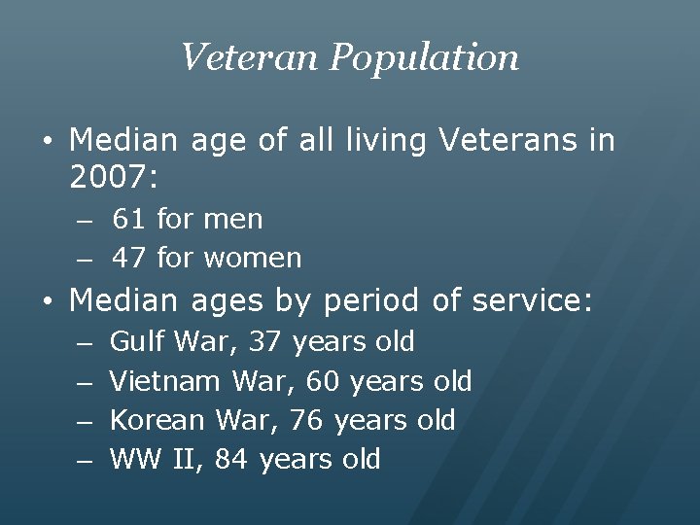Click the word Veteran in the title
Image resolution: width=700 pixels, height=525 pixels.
pos(250,57)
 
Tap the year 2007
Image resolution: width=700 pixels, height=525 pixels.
pos(109,178)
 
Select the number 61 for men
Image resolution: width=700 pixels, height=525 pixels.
pos(128,220)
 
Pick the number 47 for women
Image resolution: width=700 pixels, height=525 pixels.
pos(128,259)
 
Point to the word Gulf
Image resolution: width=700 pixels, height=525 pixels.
pos(137,342)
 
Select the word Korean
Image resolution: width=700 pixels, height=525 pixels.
pos(157,420)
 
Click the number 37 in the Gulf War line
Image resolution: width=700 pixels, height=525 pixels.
pos(265,342)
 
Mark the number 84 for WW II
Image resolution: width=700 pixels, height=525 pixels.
pos(231,459)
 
